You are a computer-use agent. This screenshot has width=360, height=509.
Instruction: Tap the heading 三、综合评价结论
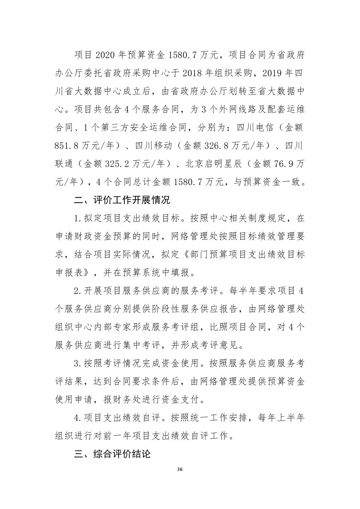coord(112,454)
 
